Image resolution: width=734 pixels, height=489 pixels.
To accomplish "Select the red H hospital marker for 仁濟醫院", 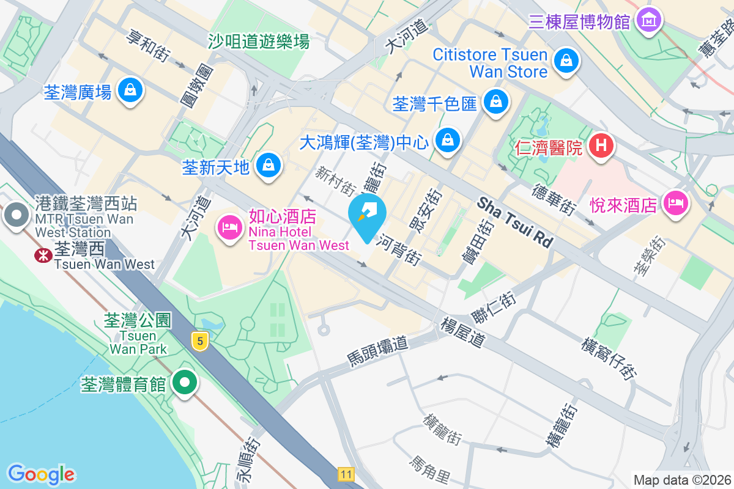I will click(601, 145).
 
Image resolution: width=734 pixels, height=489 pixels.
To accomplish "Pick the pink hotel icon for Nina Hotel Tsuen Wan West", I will click(229, 229).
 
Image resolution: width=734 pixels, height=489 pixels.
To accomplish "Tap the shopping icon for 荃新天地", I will click(268, 164).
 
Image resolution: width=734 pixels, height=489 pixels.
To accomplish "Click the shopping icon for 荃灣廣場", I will click(130, 90).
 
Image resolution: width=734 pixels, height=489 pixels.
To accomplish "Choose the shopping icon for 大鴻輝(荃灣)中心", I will click(448, 140).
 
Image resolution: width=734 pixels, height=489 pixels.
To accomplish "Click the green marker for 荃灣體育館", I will click(184, 383).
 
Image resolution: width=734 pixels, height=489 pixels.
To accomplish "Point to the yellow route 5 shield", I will click(198, 341).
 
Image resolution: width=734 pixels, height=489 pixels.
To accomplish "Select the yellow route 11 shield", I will click(346, 474).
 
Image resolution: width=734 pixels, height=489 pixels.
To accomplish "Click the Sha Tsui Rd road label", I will click(515, 222).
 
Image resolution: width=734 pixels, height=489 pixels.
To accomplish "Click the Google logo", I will click(41, 474).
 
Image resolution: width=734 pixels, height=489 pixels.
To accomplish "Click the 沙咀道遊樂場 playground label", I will click(258, 41).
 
